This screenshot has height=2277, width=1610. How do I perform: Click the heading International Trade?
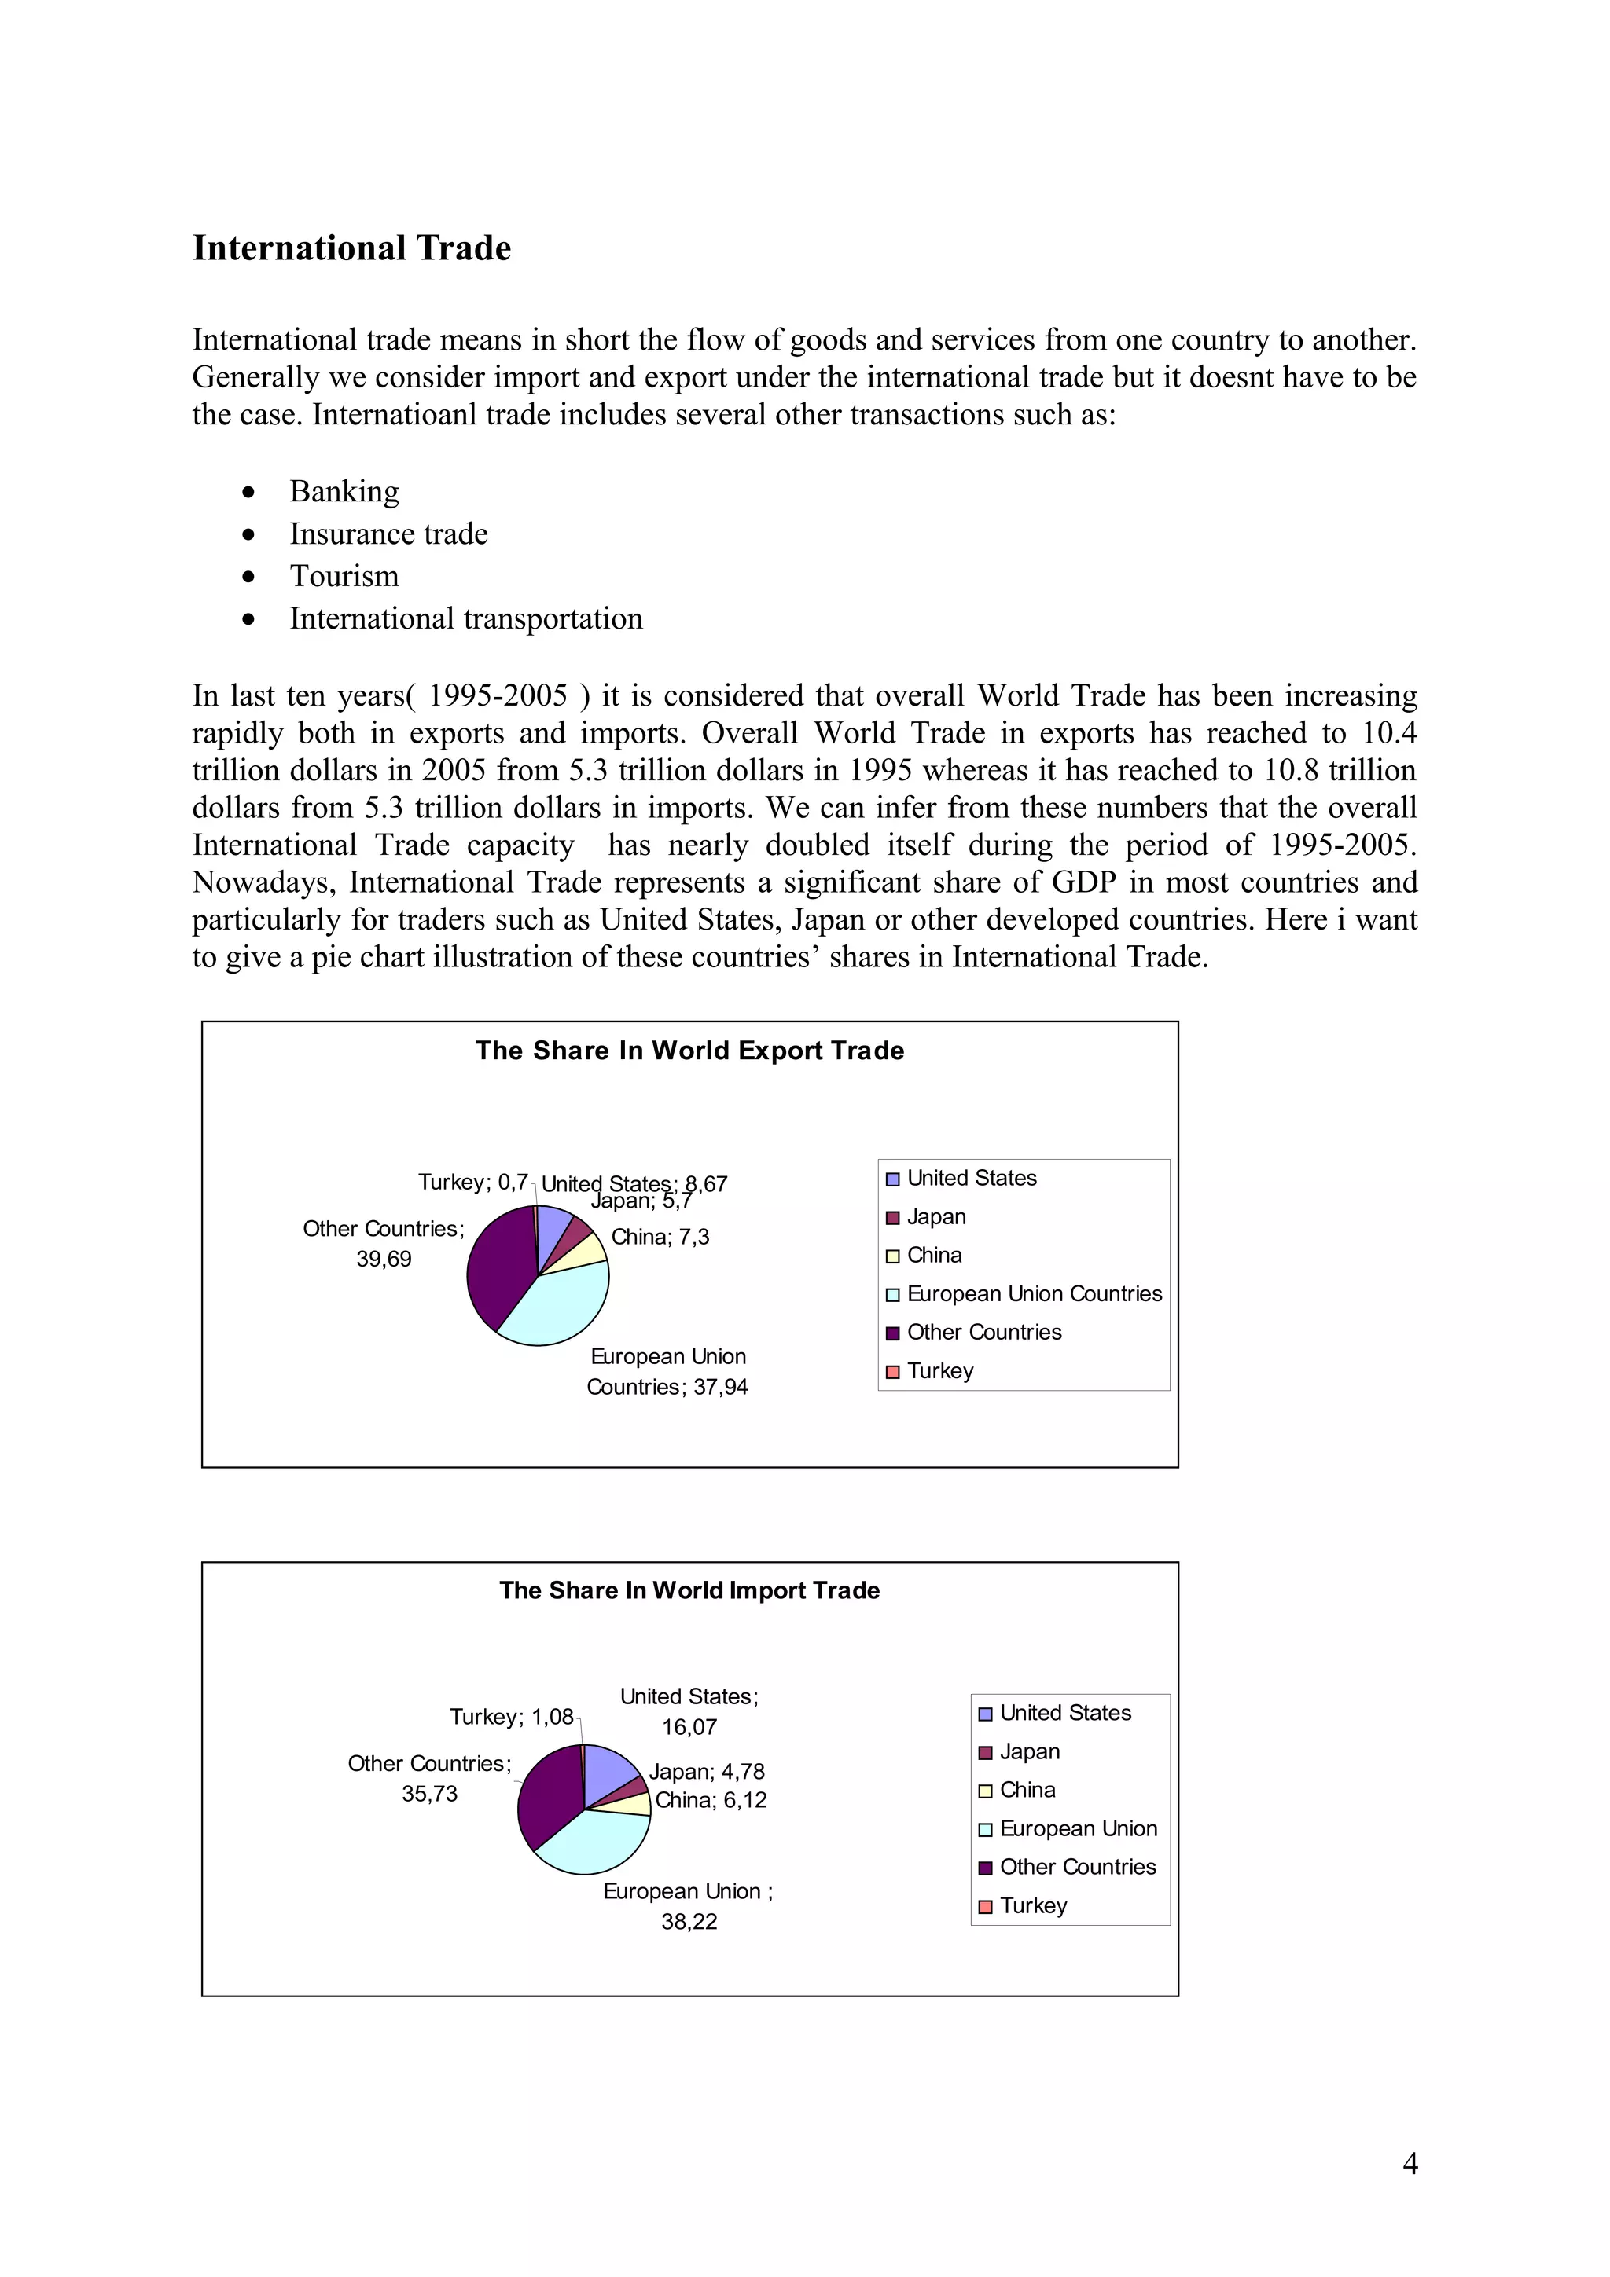(351, 248)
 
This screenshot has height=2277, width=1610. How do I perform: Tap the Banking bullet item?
(344, 491)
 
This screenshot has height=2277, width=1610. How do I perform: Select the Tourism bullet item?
(344, 576)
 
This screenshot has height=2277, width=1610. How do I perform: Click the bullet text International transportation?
(465, 619)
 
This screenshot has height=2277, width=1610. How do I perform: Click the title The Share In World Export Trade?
(689, 1050)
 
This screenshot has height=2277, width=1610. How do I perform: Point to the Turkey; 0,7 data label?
(472, 1182)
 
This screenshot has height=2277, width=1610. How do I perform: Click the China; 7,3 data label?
(660, 1237)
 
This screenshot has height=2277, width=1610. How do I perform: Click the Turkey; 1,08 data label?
(511, 1717)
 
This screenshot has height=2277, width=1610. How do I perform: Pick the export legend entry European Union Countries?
(1034, 1293)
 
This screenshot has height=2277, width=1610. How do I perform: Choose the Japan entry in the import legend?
(1029, 1751)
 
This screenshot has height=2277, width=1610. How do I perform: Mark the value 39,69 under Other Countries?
(384, 1259)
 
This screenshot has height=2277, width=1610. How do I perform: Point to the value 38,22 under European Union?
(689, 1921)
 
